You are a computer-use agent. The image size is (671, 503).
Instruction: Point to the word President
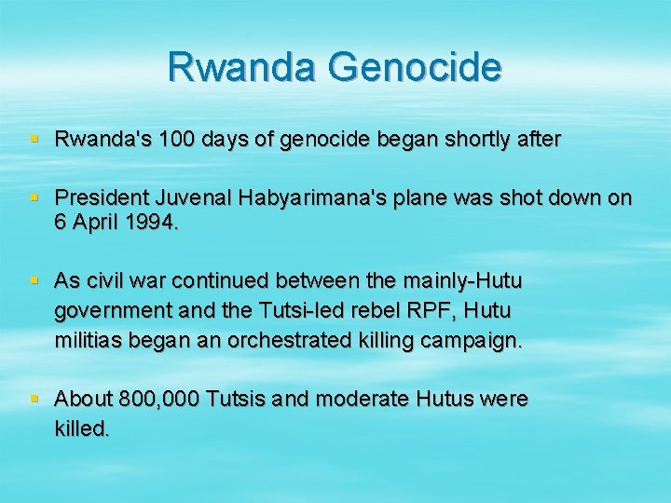coord(95,197)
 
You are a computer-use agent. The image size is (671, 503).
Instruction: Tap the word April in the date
coord(96,224)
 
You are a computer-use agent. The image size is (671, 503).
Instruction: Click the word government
coord(110,310)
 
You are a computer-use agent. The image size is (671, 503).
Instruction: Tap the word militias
coord(89,341)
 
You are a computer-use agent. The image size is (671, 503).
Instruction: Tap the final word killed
coord(82,429)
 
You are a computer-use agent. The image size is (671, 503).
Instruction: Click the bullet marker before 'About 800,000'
coord(34,399)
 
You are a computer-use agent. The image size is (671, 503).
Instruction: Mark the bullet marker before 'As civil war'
coord(34,279)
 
